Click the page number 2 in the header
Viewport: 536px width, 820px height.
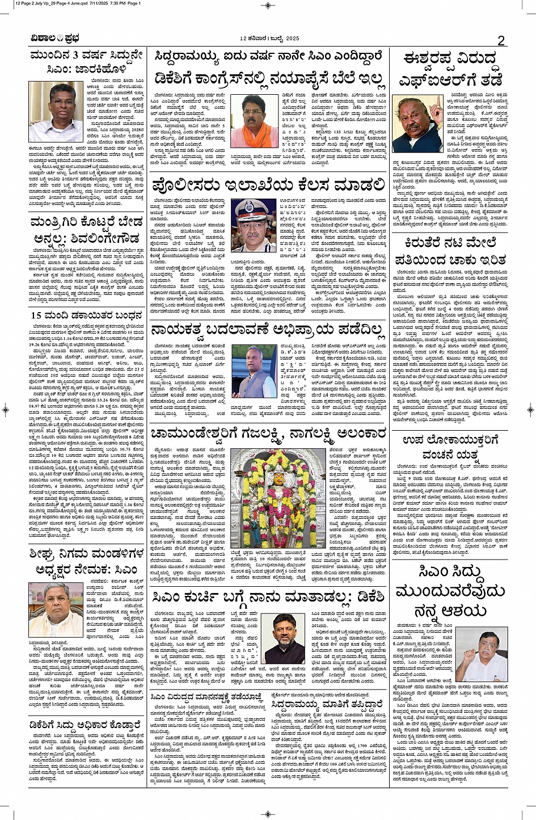[x=501, y=40]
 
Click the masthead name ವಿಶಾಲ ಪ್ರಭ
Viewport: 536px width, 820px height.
[x=55, y=39]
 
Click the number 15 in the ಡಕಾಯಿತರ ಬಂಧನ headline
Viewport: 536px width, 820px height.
[x=36, y=315]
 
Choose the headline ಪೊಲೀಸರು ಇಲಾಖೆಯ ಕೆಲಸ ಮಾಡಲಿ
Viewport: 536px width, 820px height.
[x=268, y=184]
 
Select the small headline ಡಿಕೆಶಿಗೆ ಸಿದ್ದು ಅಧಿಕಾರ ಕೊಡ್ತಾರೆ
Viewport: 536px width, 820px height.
[x=85, y=725]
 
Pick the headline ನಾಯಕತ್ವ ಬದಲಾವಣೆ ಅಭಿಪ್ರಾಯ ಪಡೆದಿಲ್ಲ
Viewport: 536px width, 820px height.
[x=267, y=330]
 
